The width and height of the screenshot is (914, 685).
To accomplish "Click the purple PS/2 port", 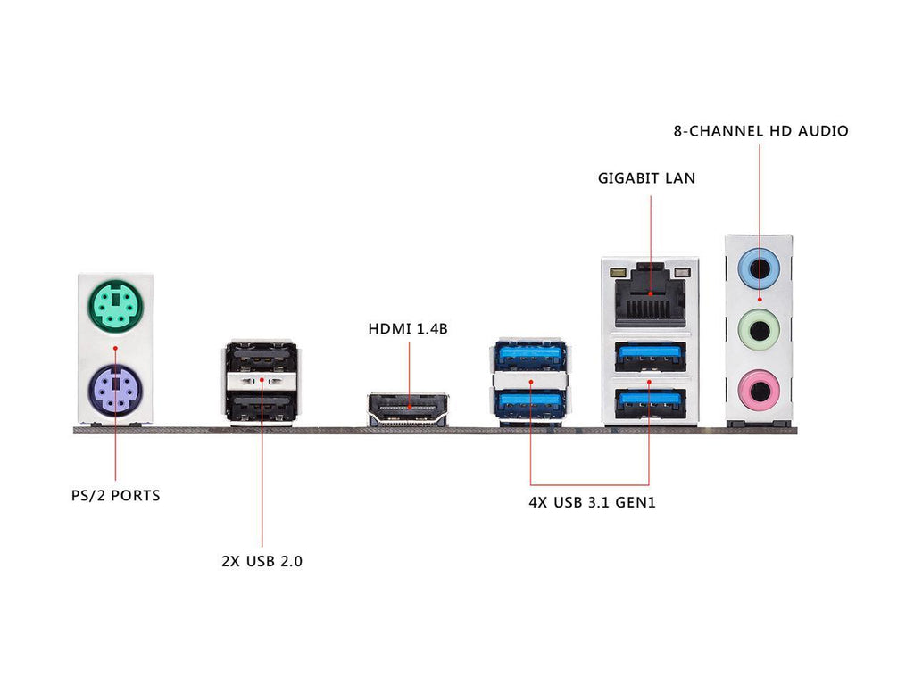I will tap(114, 389).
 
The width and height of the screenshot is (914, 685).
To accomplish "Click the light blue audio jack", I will tap(760, 266).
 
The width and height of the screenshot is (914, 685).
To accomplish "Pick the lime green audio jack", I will tap(760, 330).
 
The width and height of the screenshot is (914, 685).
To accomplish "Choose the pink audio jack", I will tap(760, 390).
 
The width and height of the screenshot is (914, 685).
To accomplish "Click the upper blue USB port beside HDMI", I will tap(530, 358).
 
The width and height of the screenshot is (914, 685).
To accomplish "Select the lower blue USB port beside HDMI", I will tap(530, 403).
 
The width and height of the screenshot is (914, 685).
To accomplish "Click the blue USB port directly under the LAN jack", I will tap(649, 358).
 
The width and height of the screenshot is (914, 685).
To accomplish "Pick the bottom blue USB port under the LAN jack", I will tap(649, 404).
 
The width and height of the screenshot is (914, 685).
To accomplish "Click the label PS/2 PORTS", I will tap(116, 494).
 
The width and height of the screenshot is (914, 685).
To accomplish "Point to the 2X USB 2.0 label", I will tap(262, 562).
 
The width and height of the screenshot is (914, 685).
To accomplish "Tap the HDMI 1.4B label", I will tap(408, 329).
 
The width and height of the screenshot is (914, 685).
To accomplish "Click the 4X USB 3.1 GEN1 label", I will tap(593, 502).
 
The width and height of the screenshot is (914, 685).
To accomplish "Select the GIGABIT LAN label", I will tap(646, 178).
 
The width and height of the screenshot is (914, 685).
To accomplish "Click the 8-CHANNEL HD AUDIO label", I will tap(760, 131).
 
